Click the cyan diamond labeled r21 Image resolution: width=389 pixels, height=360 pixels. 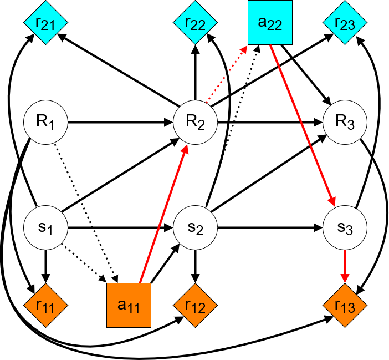tap(45, 23)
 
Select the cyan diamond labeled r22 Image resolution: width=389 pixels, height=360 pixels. tap(195, 23)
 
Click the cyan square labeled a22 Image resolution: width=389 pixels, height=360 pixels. tap(270, 23)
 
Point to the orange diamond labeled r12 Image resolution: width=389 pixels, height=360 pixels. tap(195, 305)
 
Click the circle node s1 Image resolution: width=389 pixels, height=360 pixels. tap(45, 227)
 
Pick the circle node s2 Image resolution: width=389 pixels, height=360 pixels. tap(195, 227)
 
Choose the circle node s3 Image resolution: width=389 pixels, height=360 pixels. tap(345, 227)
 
